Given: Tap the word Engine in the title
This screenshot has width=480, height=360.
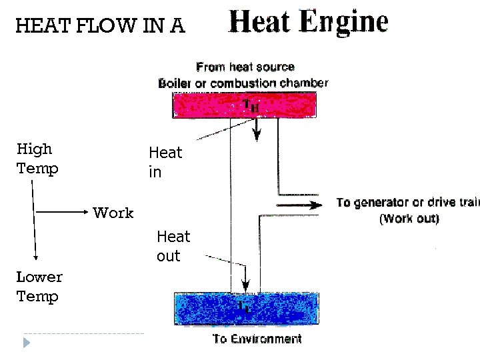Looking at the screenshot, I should (343, 23).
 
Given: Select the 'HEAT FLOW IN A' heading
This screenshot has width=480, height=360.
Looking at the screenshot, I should (100, 26).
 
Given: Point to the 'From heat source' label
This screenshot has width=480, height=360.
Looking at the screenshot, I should (245, 67).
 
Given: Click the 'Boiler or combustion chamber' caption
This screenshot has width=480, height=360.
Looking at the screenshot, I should (243, 83).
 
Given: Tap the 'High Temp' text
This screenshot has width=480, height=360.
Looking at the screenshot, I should (37, 159).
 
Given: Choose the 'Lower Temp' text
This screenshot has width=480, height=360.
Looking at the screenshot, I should (39, 287).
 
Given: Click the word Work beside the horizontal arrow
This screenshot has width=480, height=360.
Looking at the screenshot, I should (113, 213).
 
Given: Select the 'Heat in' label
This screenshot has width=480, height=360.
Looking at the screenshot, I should (165, 163).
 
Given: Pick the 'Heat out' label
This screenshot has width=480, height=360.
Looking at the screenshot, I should (173, 246).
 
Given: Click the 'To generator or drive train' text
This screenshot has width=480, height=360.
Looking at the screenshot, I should (407, 203).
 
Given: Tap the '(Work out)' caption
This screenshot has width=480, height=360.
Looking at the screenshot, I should (409, 219).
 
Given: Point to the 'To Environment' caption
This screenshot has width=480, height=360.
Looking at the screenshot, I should (257, 339).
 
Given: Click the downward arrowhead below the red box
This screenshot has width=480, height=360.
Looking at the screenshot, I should (257, 136).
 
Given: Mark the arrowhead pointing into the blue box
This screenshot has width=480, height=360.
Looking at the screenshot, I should (246, 280).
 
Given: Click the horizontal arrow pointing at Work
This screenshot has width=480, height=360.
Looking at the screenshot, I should (63, 213).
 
